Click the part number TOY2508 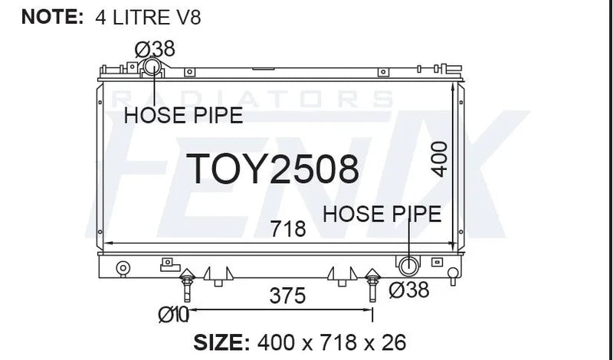click(272, 169)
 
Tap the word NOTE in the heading click(52, 17)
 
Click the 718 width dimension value click(288, 229)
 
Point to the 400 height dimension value click(439, 159)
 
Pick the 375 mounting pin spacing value click(287, 296)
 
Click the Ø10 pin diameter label click(174, 315)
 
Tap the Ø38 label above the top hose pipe click(155, 49)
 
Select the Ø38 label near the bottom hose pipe click(409, 290)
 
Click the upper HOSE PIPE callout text click(183, 116)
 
